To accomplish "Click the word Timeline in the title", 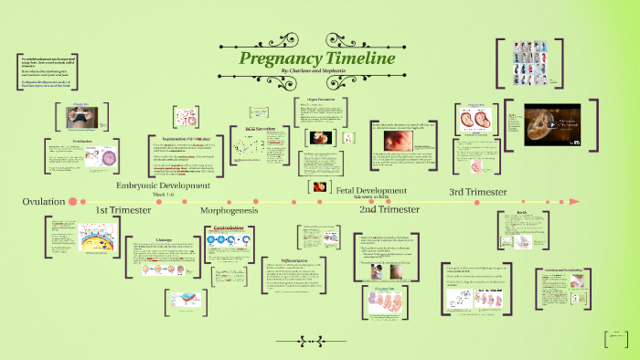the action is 364,58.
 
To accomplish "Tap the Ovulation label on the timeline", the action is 43,200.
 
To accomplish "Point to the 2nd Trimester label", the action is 389,209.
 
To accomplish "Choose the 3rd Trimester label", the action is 477,192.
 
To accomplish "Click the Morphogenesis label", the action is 229,210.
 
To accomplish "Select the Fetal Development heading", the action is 371,189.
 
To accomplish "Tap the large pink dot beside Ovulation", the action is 82,200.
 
